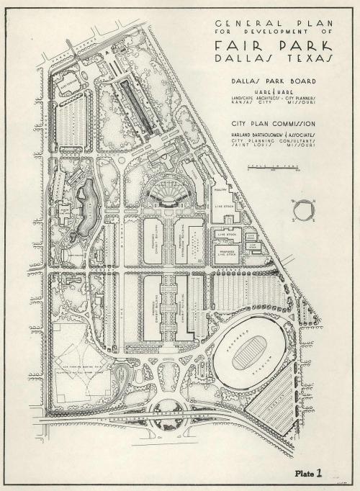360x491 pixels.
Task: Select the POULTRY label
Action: [220, 191]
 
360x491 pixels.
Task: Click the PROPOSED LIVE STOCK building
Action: [226, 253]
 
